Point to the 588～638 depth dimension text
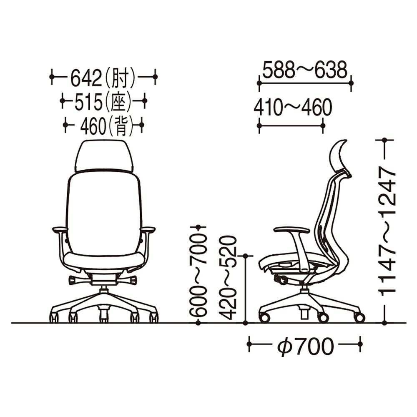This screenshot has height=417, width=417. click(305, 70)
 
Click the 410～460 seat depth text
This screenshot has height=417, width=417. click(293, 107)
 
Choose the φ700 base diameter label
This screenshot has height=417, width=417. click(305, 346)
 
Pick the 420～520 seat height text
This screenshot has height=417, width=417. click(228, 277)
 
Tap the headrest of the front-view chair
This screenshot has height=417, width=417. click(104, 156)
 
